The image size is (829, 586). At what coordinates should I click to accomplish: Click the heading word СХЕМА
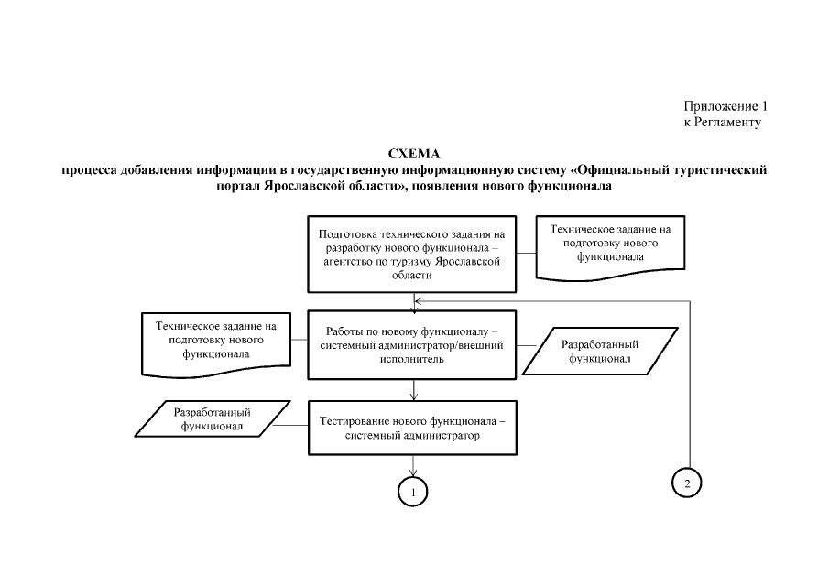[x=414, y=154]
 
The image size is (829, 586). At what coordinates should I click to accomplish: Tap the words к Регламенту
[x=723, y=122]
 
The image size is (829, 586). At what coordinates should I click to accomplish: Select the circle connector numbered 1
[x=413, y=492]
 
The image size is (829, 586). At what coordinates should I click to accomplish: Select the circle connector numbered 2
[x=687, y=483]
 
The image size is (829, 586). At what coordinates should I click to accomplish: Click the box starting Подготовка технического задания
[x=411, y=254]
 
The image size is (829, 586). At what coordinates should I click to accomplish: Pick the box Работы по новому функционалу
[x=411, y=345]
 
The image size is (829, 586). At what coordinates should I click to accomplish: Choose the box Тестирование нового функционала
[x=411, y=428]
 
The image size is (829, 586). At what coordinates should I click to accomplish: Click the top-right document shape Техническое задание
[x=610, y=243]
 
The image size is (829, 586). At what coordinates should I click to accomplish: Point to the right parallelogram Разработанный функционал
[x=600, y=352]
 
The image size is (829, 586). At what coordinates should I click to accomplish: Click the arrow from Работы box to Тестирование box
[x=414, y=390]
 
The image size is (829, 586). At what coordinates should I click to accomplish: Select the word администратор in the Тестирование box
[x=439, y=436]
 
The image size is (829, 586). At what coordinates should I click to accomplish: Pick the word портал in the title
[x=235, y=186]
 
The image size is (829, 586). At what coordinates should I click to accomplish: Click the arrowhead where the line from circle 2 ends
[x=420, y=299]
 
